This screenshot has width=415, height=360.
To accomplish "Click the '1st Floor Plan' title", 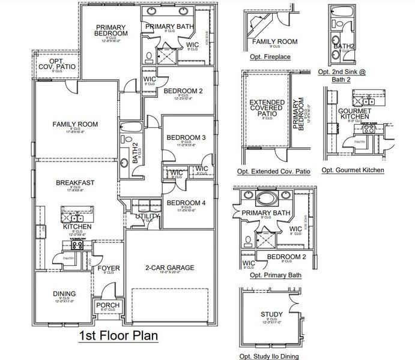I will click(118, 335).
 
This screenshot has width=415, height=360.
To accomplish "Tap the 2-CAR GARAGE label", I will click(170, 268).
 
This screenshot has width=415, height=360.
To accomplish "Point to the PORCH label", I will click(108, 305).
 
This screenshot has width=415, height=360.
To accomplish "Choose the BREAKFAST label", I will click(76, 182).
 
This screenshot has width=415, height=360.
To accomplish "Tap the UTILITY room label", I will click(148, 217).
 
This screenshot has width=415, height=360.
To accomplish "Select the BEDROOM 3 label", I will click(186, 137).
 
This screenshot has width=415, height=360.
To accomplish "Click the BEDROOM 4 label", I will click(186, 203).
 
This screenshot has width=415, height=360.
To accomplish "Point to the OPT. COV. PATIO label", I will click(57, 64).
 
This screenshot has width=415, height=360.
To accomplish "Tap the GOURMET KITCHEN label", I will click(355, 115).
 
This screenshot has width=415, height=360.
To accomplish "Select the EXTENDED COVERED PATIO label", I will click(267, 110).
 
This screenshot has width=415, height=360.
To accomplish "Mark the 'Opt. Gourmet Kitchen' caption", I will click(353, 170).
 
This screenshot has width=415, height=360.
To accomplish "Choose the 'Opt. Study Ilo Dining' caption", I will click(268, 356).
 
